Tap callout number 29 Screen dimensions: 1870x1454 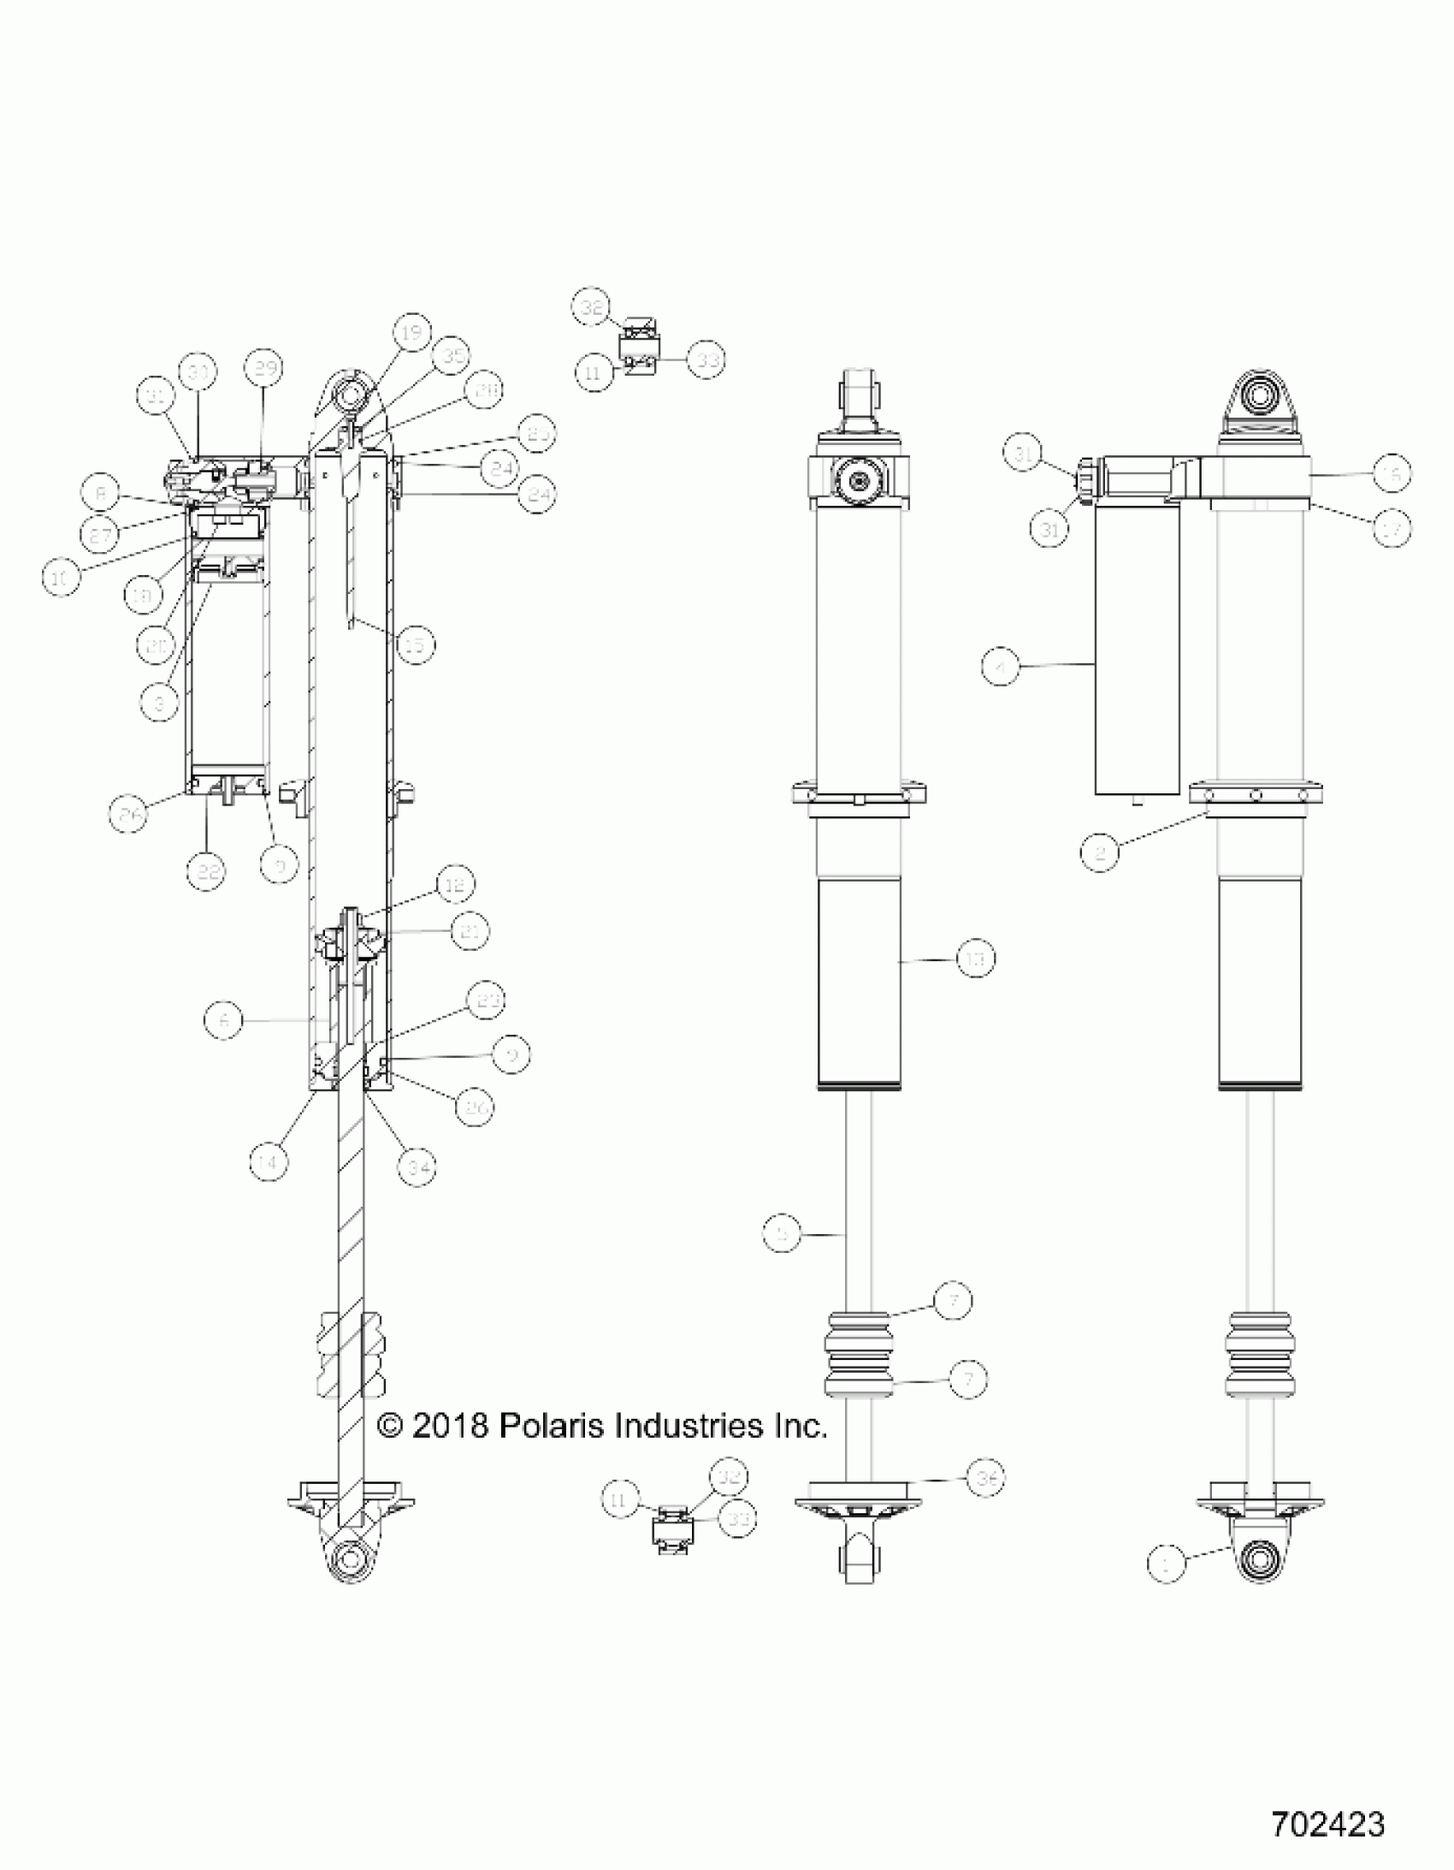263,369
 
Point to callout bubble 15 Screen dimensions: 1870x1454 415,644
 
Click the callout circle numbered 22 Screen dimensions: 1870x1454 206,872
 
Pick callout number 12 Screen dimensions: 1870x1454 454,884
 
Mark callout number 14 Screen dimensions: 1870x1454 269,1163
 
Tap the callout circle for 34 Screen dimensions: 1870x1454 417,1167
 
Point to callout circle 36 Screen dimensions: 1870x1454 986,1478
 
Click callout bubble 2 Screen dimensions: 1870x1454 1100,852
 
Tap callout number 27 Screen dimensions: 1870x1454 100,537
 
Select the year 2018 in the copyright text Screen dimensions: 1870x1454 450,1426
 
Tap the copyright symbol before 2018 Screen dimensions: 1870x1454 390,1426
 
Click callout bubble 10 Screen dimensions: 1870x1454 61,578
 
